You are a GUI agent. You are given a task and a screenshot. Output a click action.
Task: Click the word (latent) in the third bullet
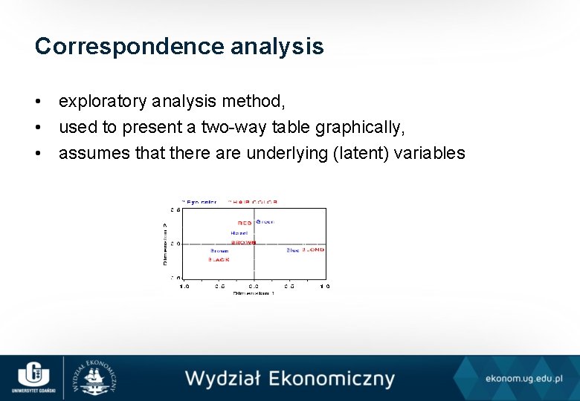(x=368, y=153)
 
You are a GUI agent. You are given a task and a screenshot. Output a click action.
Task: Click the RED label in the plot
(x=245, y=223)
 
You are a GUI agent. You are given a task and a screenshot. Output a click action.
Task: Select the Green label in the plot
(x=265, y=222)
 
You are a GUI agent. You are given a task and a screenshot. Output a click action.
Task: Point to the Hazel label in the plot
(x=239, y=233)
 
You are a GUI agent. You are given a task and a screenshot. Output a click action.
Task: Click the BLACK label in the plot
(x=219, y=260)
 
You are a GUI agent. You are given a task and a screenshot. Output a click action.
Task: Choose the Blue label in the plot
(x=293, y=250)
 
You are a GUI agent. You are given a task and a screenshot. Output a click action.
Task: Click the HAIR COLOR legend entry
(x=254, y=201)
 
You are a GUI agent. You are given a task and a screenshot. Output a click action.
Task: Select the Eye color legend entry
(x=201, y=201)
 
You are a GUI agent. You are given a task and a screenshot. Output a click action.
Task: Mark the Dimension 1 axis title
(x=254, y=294)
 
